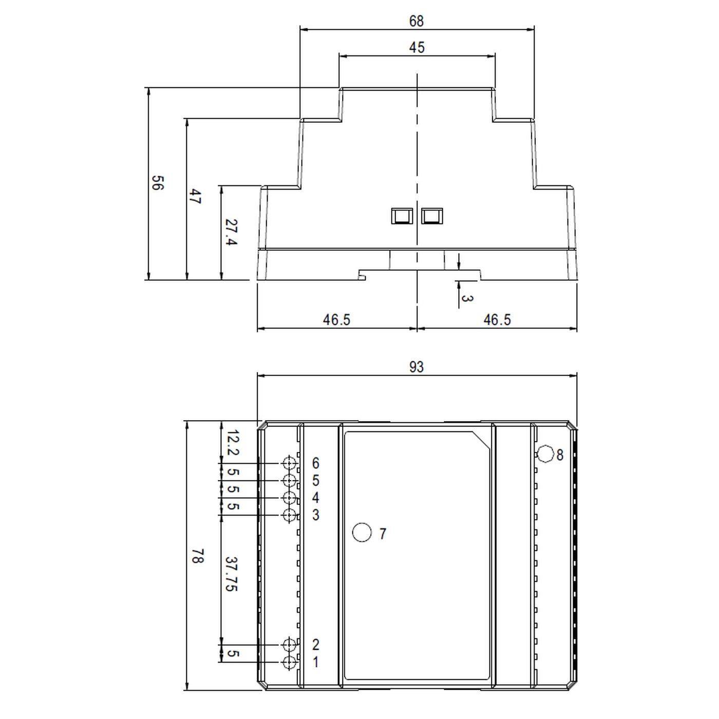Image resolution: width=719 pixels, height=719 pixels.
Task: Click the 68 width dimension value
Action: [417, 21]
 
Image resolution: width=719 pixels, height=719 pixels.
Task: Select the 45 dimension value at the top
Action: [417, 48]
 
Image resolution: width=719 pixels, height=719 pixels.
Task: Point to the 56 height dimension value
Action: [157, 183]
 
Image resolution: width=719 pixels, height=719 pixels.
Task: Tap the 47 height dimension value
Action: [194, 197]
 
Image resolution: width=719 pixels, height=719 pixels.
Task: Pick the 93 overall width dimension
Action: [417, 367]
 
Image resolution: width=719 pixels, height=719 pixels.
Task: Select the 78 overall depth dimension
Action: [197, 556]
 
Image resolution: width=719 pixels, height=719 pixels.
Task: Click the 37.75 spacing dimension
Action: [231, 574]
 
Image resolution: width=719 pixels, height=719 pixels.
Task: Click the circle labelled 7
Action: [362, 533]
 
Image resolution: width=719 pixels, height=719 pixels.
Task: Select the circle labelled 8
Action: [545, 454]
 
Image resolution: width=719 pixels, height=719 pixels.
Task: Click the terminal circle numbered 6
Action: [290, 463]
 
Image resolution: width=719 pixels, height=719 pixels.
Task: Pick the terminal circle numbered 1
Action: [290, 663]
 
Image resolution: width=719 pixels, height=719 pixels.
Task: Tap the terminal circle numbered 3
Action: [290, 515]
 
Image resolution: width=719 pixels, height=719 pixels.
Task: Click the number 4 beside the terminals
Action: [315, 498]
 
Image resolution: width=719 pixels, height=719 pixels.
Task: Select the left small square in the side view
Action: [402, 216]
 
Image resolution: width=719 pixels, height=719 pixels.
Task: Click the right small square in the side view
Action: [432, 216]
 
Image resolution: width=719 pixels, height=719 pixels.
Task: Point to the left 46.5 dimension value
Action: [336, 320]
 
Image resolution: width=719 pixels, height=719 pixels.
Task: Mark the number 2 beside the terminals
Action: [315, 645]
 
